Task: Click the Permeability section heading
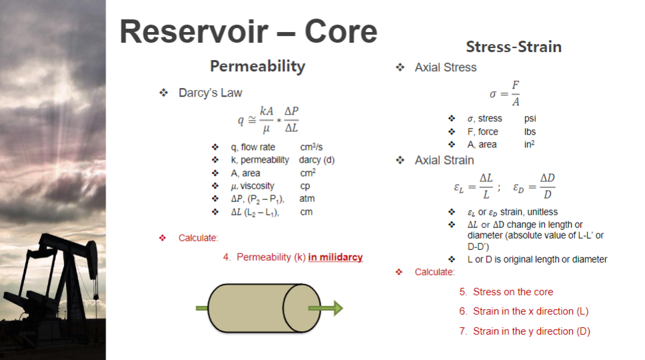(257, 66)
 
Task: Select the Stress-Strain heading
(513, 47)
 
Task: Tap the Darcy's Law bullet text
(210, 93)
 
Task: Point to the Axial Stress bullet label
(445, 67)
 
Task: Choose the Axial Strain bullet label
(444, 160)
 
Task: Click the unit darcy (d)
(317, 160)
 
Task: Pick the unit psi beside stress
(530, 119)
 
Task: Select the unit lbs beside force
(530, 132)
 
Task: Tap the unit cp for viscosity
(305, 186)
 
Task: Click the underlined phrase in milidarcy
(335, 257)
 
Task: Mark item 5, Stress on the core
(506, 292)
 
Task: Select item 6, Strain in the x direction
(524, 311)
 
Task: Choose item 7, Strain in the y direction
(524, 331)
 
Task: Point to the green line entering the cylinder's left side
(202, 308)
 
